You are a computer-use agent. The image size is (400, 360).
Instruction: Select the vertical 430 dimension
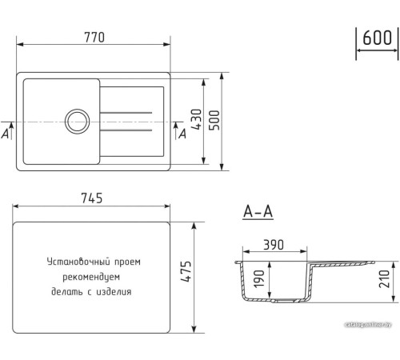[x=194, y=121]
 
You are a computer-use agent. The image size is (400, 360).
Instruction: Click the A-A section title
[x=258, y=212]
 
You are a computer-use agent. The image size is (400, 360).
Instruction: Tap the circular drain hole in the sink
[x=78, y=122]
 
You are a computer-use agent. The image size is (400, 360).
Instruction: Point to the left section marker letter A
[x=6, y=134]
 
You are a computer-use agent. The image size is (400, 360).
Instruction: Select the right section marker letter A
[x=182, y=134]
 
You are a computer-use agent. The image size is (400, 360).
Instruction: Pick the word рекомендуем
[x=94, y=276]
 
